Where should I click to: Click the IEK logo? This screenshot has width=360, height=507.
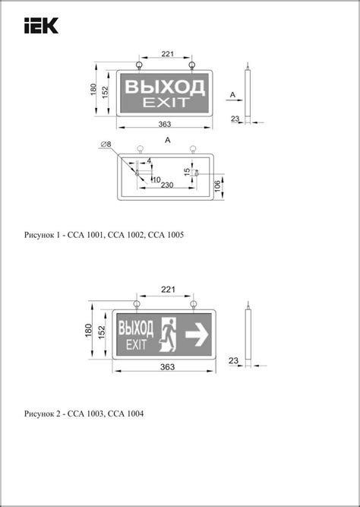coord(41,25)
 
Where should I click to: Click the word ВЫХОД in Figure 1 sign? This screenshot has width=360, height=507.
coord(165,87)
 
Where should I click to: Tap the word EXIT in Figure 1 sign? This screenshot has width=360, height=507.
coord(165,102)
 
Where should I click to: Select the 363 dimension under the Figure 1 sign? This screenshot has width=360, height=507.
coord(165,124)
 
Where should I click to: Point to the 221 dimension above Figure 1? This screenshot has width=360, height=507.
coord(167,54)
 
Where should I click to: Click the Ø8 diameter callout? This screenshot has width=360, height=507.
coord(106,144)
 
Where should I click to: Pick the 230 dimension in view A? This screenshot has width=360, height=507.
coord(167,185)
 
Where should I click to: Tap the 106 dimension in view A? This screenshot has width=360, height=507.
coord(218,186)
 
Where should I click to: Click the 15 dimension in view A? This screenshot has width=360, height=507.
coord(188,171)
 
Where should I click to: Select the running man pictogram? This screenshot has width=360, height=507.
coord(169,334)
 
